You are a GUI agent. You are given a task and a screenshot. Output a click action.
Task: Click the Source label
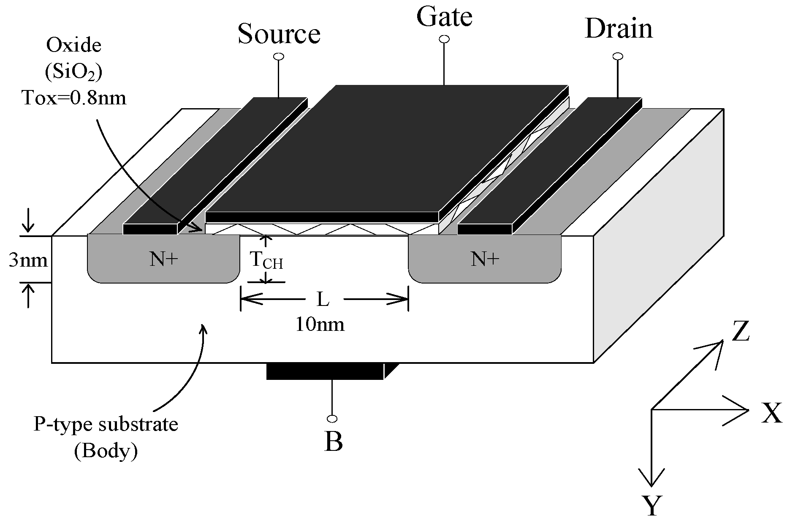279,34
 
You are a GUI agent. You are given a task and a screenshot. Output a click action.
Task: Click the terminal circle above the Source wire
279,57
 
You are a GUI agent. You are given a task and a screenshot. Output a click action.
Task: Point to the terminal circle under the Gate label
444,39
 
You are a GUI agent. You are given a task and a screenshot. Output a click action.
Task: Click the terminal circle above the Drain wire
618,56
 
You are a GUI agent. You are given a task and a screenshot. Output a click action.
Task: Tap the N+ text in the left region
164,259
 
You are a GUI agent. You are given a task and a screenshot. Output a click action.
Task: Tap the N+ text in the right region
485,259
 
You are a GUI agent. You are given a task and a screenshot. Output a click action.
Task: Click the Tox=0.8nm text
74,98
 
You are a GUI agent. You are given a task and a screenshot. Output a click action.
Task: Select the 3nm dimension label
28,260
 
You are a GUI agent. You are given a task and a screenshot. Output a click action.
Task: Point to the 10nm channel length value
320,325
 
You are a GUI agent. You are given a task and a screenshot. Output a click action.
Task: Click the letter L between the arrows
323,300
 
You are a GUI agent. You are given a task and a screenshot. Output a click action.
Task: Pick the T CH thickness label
266,261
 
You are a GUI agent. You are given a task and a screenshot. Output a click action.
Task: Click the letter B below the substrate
333,442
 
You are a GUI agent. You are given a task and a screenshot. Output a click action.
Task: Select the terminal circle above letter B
332,419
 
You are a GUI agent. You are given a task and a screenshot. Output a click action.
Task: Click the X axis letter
772,414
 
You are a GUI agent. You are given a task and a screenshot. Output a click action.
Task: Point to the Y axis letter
652,506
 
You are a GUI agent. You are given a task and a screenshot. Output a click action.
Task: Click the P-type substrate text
106,424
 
